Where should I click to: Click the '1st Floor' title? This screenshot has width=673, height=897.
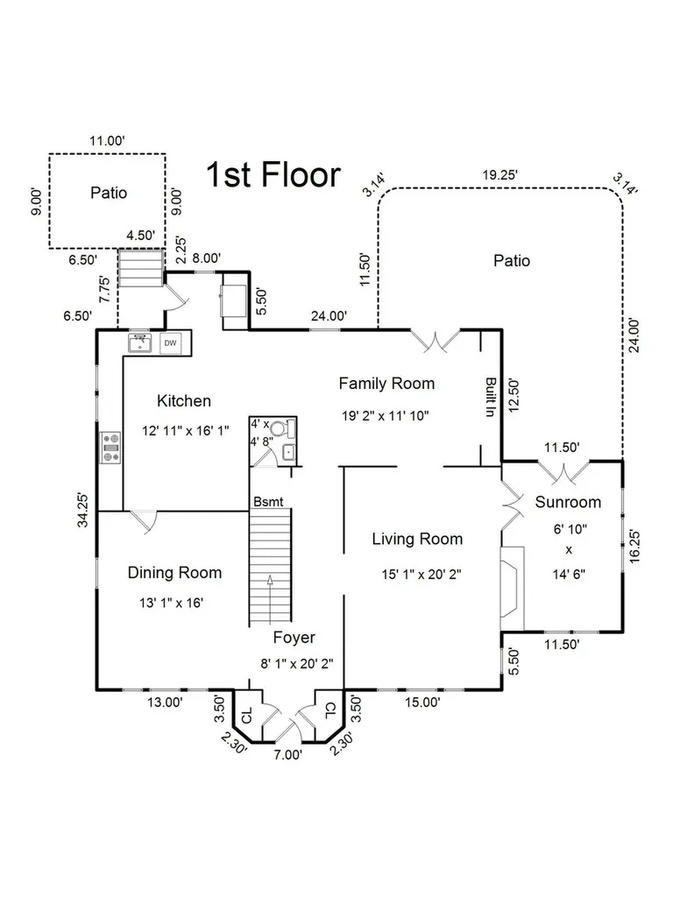[x=273, y=174]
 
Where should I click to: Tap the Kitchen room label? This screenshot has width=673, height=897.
[x=184, y=401]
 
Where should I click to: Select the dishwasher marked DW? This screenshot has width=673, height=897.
[x=171, y=343]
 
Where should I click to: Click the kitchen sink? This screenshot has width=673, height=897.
[x=139, y=343]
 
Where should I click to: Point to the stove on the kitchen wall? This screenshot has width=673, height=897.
[x=111, y=448]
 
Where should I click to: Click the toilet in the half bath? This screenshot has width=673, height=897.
[x=282, y=427]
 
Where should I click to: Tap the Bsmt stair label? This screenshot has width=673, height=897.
[x=268, y=502]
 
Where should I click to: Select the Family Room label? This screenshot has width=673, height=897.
[x=386, y=384]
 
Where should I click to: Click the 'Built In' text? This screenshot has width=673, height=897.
[x=491, y=397]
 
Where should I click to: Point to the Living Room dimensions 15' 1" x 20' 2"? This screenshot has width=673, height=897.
[x=422, y=574]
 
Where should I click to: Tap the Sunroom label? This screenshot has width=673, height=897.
[x=568, y=502]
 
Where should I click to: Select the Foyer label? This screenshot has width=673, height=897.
[x=294, y=638]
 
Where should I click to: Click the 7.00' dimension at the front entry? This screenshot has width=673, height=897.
[x=287, y=755]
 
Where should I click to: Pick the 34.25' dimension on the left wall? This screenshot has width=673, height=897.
[x=83, y=510]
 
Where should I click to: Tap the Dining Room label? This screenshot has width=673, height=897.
[x=174, y=573]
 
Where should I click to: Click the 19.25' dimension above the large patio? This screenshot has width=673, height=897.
[x=500, y=175]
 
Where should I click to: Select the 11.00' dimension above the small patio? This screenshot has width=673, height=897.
[x=107, y=141]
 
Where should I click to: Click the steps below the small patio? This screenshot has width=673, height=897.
[x=141, y=268]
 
